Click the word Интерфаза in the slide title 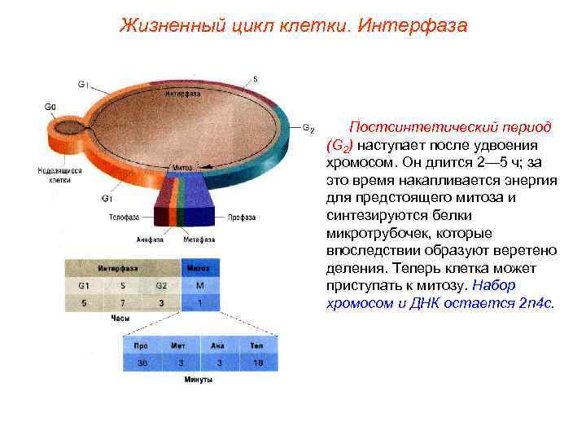tap(413, 26)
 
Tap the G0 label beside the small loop tap(50, 106)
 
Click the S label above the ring tap(256, 79)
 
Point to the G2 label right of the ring tap(308, 128)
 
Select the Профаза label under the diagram tap(242, 218)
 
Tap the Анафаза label tap(151, 240)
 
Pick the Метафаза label tap(199, 240)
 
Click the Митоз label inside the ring tap(182, 166)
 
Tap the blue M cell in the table tap(199, 286)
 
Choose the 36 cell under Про tap(143, 362)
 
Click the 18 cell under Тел tap(257, 362)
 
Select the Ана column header tap(217, 345)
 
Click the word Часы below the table tap(120, 319)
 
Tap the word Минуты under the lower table tap(199, 380)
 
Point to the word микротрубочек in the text tap(371, 233)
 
